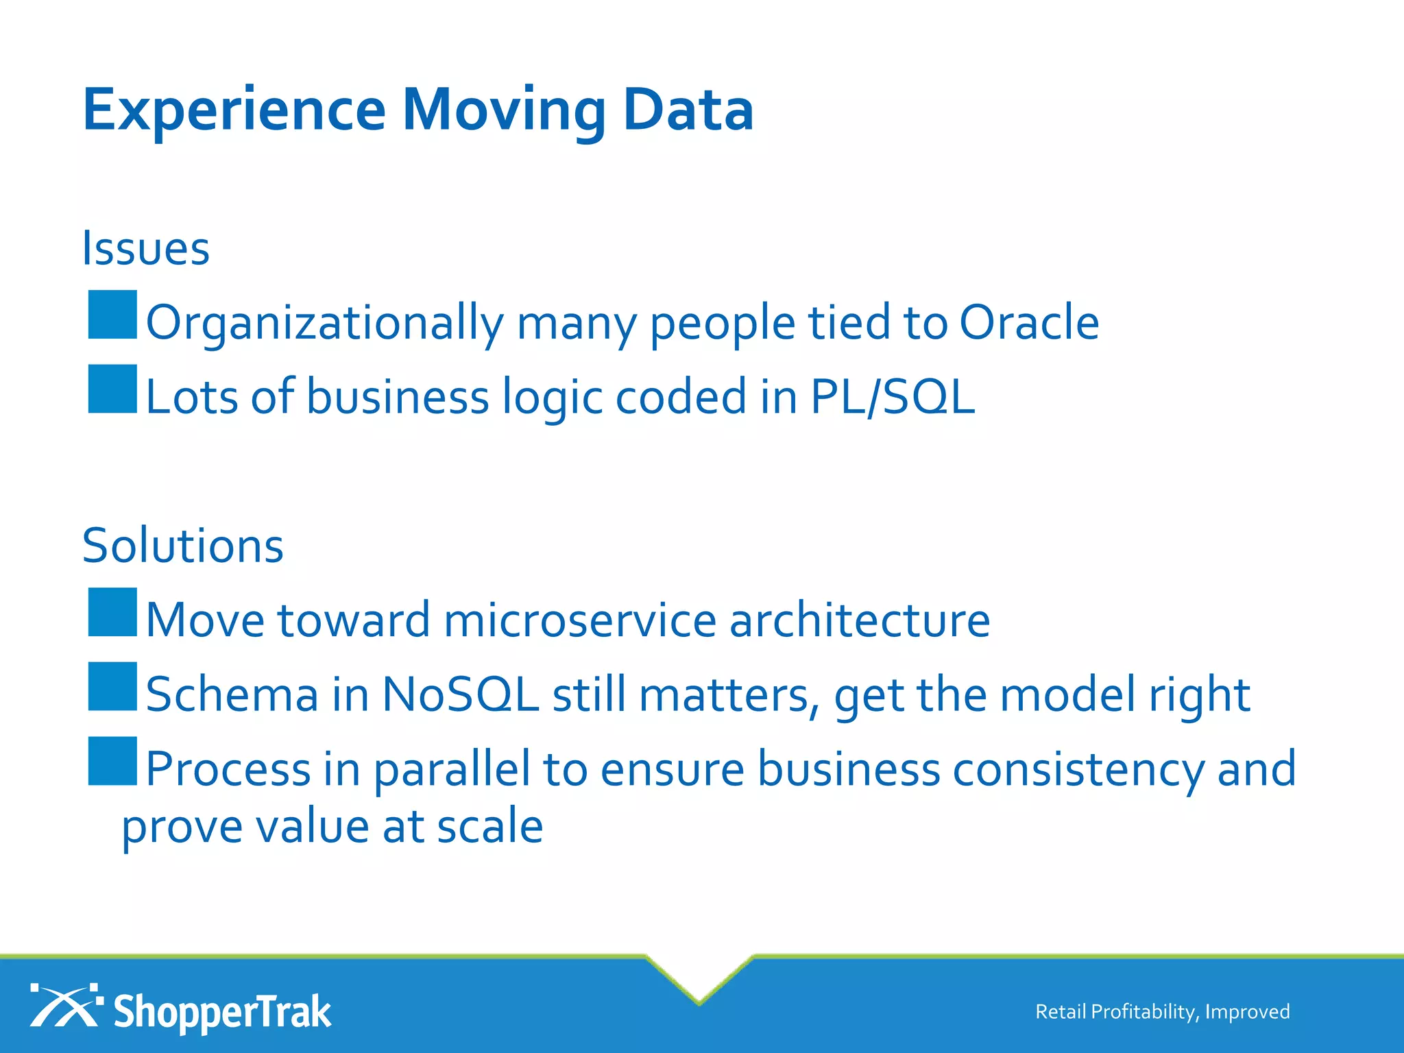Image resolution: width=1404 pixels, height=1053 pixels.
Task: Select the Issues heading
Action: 146,248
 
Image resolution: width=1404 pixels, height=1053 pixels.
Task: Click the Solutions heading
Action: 183,546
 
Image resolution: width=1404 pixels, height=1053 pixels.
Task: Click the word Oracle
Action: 1028,322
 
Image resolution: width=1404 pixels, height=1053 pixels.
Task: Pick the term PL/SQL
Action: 892,397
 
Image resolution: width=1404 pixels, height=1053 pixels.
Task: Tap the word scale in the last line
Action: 489,826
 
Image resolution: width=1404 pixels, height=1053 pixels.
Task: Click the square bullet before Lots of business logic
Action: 112,389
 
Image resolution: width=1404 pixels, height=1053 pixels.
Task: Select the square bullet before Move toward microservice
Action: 112,612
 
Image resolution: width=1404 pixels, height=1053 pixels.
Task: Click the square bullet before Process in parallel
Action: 112,761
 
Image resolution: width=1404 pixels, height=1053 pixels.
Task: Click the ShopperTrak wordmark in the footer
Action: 221,1012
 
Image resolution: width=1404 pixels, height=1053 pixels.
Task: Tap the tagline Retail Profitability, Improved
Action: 1162,1012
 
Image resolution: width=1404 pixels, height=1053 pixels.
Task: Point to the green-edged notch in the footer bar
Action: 699,980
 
